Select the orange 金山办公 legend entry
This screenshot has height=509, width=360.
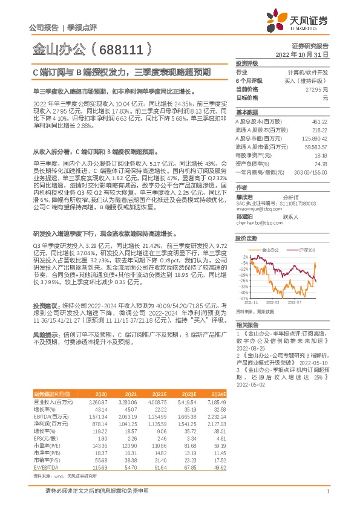click(270, 250)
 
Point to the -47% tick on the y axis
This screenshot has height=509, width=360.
click(243, 299)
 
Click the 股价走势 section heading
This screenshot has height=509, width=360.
click(246, 238)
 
